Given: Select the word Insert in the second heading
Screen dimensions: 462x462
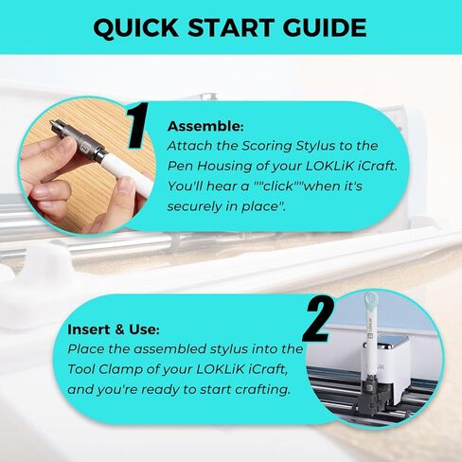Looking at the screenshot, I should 88,330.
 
